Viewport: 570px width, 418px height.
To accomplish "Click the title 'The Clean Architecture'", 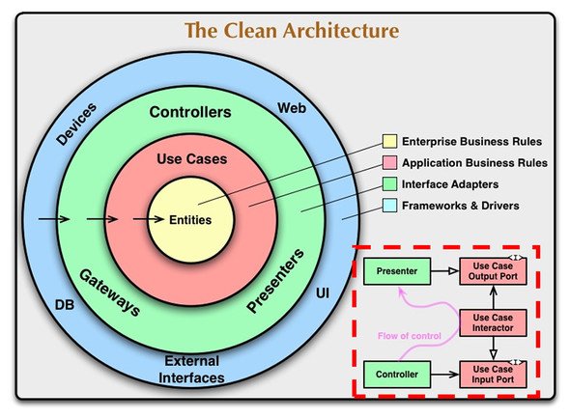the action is [292, 30].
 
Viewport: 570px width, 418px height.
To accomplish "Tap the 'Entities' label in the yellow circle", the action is [190, 220].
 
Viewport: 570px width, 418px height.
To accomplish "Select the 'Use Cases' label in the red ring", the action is [192, 158].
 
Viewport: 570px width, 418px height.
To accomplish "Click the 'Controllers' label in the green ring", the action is [190, 112].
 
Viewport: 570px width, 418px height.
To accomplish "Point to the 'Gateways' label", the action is [110, 293].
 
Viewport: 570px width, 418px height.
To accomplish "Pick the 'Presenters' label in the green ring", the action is [275, 280].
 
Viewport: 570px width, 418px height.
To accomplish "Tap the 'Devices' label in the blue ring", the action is [76, 124].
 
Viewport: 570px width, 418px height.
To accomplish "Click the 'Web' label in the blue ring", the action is [292, 108].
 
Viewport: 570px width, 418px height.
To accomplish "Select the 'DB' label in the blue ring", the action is [65, 305].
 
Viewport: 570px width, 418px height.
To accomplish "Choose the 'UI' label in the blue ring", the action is [323, 293].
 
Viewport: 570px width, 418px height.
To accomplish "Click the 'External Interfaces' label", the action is [191, 370].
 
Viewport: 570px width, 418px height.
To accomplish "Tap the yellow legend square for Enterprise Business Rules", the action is [389, 141].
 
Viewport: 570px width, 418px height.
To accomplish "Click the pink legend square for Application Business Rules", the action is [389, 162].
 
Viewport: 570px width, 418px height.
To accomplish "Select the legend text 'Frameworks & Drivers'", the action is [460, 206].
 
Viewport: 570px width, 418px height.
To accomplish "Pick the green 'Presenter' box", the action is [397, 271].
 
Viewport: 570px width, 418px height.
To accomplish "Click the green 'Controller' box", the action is [397, 375].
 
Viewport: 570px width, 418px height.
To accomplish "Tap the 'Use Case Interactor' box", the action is [493, 322].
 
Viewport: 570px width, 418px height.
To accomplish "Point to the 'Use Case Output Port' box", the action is [493, 271].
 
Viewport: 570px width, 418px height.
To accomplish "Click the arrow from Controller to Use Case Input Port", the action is [445, 375].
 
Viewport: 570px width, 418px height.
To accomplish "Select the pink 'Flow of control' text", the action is [410, 336].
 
